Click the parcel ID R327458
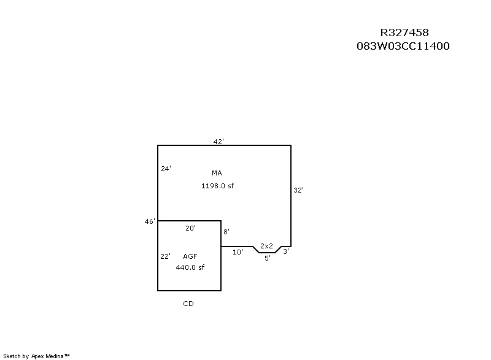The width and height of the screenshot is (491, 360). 404,33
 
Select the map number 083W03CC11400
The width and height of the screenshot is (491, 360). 403,46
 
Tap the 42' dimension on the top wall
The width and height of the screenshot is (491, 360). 218,142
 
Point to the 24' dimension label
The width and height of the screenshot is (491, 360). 166,169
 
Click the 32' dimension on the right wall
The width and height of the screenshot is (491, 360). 298,190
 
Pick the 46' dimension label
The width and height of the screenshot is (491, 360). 150,221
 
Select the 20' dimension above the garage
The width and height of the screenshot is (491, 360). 190,228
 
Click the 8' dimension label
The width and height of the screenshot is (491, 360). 226,232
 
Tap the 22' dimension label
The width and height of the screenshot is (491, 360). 165,256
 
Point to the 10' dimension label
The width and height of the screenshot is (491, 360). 238,252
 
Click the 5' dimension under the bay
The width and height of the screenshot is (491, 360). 268,258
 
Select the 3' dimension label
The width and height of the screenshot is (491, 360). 286,251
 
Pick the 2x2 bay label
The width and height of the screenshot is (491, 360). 266,246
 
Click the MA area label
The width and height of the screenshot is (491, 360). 217,173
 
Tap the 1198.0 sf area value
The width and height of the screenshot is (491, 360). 217,186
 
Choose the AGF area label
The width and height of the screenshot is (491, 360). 190,256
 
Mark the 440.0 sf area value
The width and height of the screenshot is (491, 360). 190,267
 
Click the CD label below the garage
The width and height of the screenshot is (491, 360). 188,304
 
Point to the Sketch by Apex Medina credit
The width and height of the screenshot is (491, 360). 36,356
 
